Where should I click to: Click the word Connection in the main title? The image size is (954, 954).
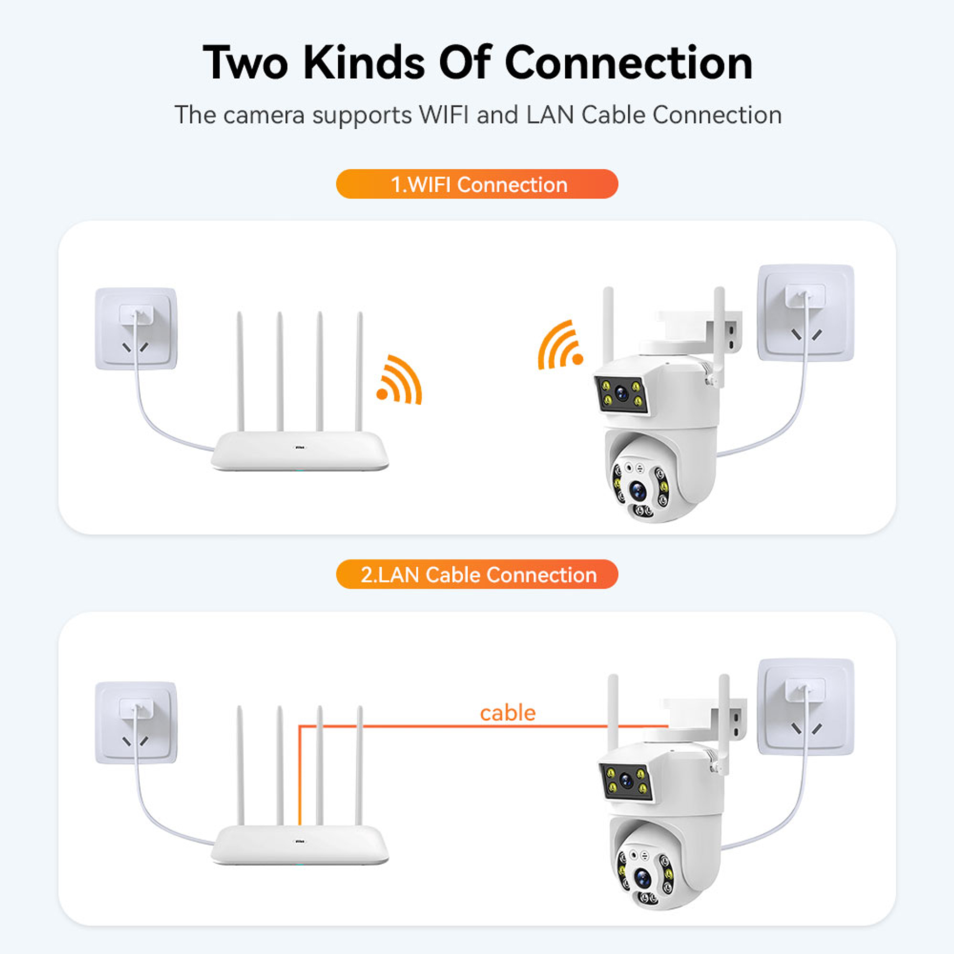click(x=628, y=63)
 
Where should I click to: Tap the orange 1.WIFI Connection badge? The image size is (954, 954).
click(x=477, y=184)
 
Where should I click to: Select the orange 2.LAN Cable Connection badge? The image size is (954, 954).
click(x=477, y=574)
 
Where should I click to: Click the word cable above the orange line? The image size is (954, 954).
click(x=507, y=713)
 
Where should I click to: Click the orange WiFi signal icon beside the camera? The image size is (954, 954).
click(x=559, y=346)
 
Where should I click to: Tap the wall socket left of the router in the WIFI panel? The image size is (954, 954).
click(x=136, y=329)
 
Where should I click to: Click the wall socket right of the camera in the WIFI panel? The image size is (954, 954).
click(x=805, y=313)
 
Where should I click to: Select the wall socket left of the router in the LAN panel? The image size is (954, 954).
click(x=136, y=722)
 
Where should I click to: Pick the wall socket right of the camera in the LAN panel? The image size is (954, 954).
click(x=805, y=707)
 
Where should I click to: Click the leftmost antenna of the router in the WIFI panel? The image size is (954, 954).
click(x=240, y=370)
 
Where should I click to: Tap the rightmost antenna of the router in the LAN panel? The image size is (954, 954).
click(x=360, y=764)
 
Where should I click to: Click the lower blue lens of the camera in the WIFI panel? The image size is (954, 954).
click(x=638, y=491)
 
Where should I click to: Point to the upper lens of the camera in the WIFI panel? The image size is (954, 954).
click(x=621, y=393)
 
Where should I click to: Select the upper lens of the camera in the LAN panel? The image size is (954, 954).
click(x=626, y=781)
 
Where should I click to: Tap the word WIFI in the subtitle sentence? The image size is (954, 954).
click(x=443, y=115)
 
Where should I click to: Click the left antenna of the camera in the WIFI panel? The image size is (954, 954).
click(x=608, y=323)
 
